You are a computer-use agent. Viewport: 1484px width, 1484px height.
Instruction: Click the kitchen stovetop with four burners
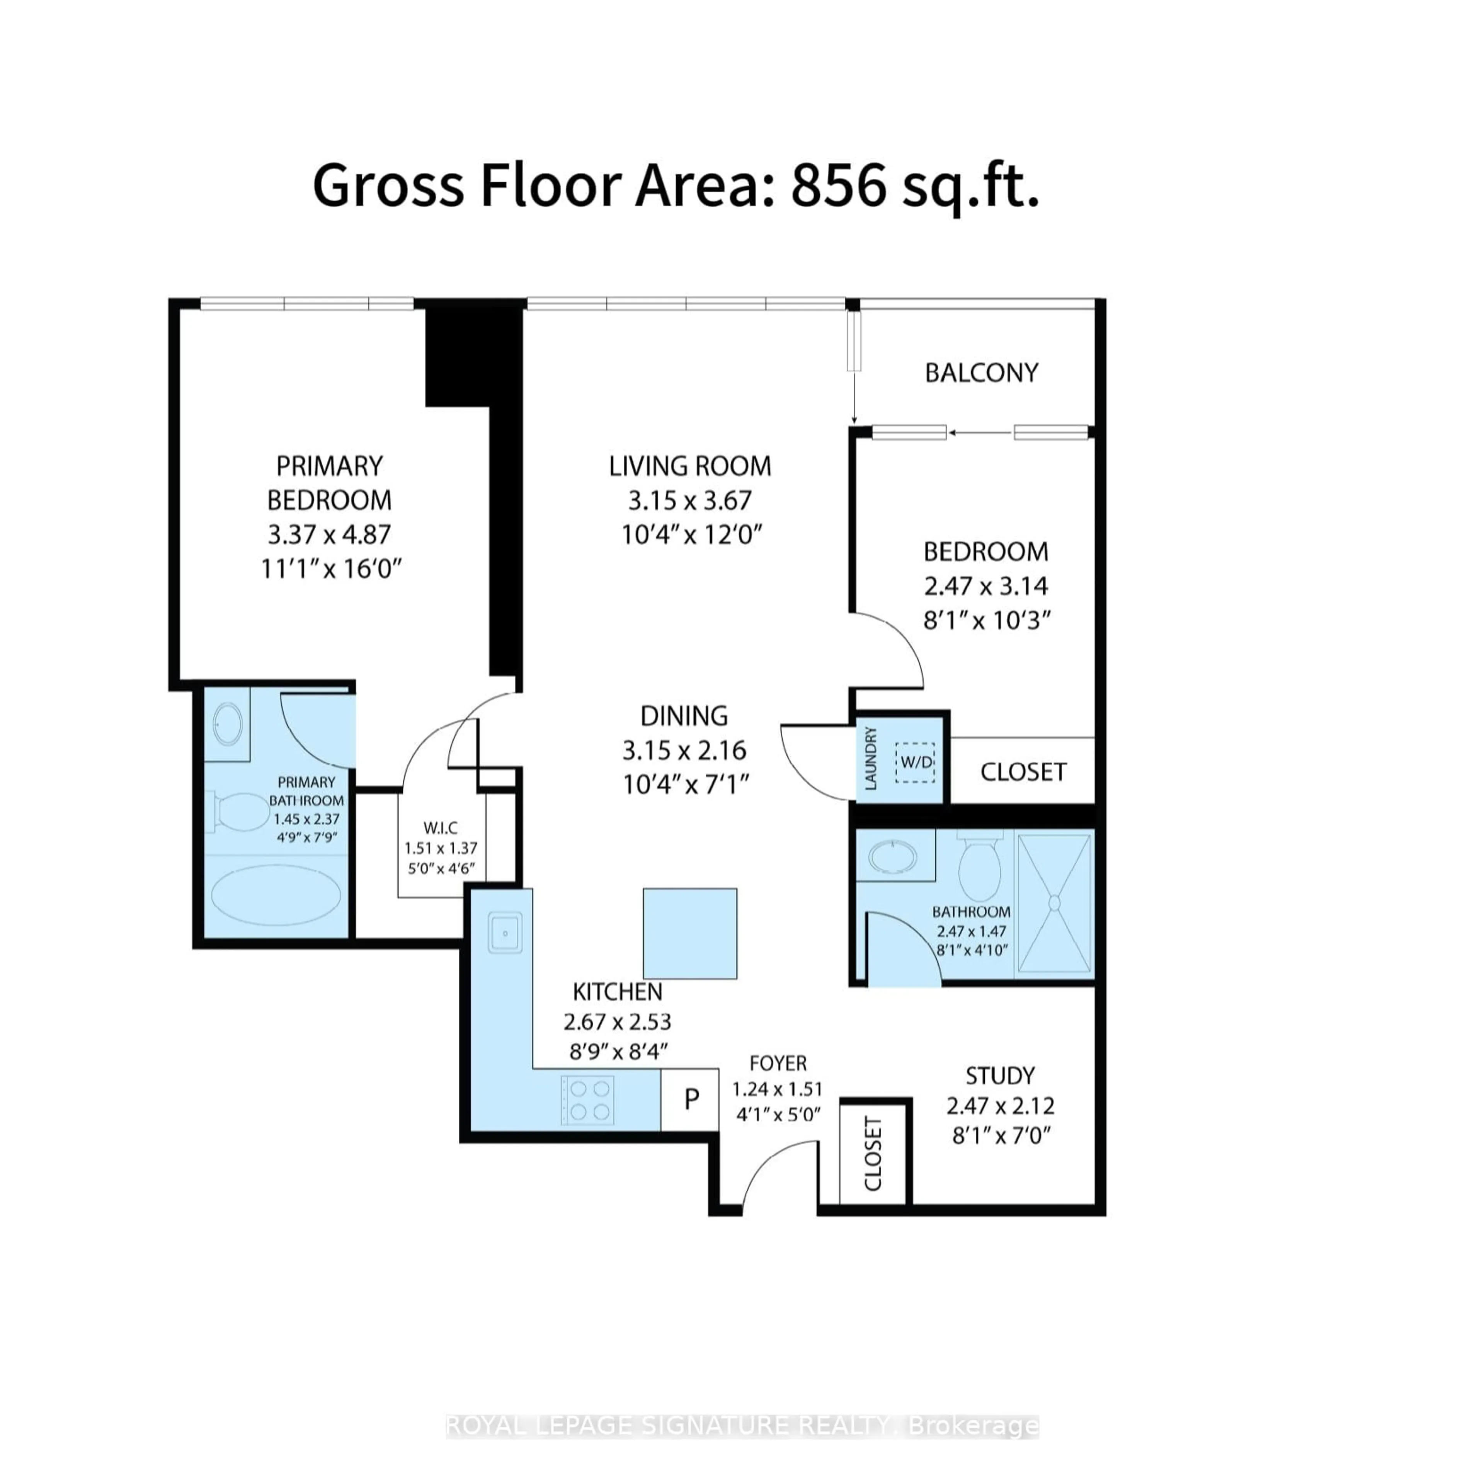(x=587, y=1101)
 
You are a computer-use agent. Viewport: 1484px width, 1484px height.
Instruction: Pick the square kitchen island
(x=690, y=933)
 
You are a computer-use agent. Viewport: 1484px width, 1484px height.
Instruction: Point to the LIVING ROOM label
(x=690, y=466)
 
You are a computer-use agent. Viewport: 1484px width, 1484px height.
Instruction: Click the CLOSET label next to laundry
(x=1022, y=772)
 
